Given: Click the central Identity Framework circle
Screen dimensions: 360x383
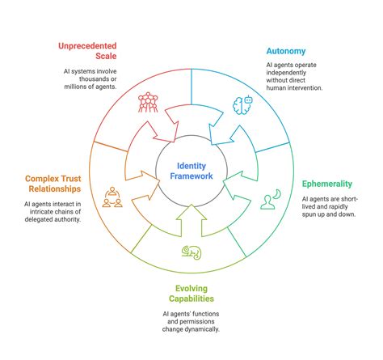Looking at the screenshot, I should (191, 171).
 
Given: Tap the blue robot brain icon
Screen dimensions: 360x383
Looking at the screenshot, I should (242, 104).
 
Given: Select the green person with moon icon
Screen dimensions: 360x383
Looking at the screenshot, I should (270, 199).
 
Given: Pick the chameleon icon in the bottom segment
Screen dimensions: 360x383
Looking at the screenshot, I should (192, 252).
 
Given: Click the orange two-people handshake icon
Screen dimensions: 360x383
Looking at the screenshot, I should (114, 197).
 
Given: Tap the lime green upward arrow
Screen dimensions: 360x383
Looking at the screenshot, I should (192, 220).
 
